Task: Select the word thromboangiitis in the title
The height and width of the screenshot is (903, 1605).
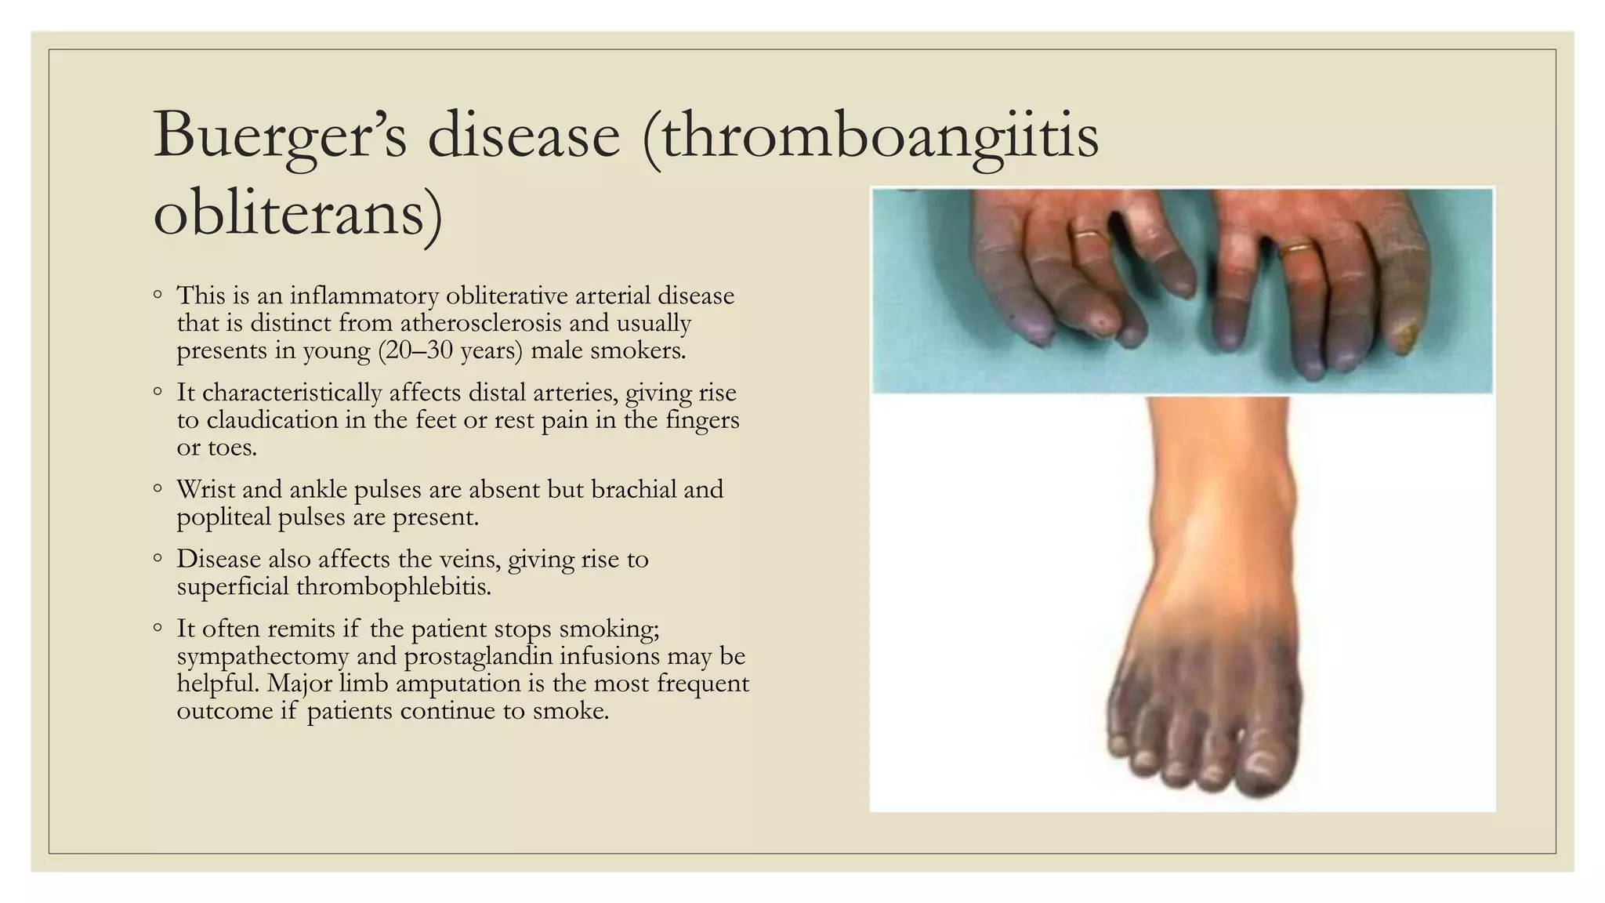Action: (x=870, y=136)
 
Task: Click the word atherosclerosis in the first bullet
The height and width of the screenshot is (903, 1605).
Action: (x=480, y=323)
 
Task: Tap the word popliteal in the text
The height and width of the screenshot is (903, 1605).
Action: (x=223, y=517)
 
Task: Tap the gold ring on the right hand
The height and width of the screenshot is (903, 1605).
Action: (x=1299, y=248)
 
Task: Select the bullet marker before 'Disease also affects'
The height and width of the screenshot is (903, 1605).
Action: (x=158, y=559)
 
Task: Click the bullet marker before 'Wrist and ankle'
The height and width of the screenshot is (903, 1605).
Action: (x=158, y=489)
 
